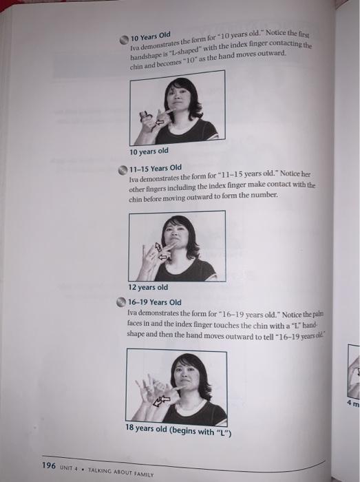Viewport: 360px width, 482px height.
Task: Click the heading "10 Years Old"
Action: [x=151, y=36]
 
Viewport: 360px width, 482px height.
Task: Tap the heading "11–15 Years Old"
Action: [x=155, y=168]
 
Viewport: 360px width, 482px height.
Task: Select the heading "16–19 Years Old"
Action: [x=154, y=302]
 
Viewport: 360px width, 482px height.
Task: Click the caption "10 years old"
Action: [x=149, y=151]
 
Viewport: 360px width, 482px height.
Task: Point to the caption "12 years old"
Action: [x=148, y=287]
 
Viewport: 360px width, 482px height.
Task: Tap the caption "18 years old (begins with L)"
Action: [x=178, y=430]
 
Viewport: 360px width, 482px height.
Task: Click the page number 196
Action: [x=49, y=465]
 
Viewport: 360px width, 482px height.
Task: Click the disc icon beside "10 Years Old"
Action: [x=124, y=40]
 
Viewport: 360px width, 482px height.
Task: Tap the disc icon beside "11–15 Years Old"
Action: [x=123, y=170]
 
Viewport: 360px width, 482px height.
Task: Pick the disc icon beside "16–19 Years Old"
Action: [x=121, y=302]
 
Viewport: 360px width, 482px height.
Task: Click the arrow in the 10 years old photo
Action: [x=160, y=123]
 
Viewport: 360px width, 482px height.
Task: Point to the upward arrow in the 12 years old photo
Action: [x=158, y=247]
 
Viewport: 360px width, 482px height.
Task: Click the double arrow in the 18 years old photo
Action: [x=161, y=400]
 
